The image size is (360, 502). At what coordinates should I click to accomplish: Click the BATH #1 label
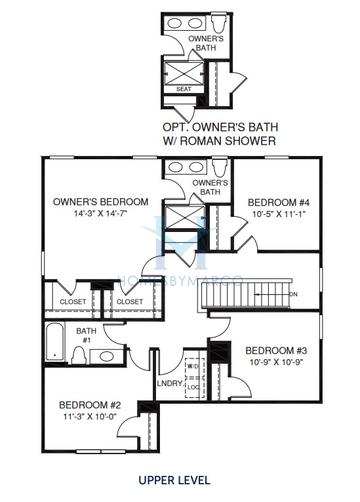pos(87,334)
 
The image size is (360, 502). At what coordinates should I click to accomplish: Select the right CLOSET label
pos(128,300)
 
